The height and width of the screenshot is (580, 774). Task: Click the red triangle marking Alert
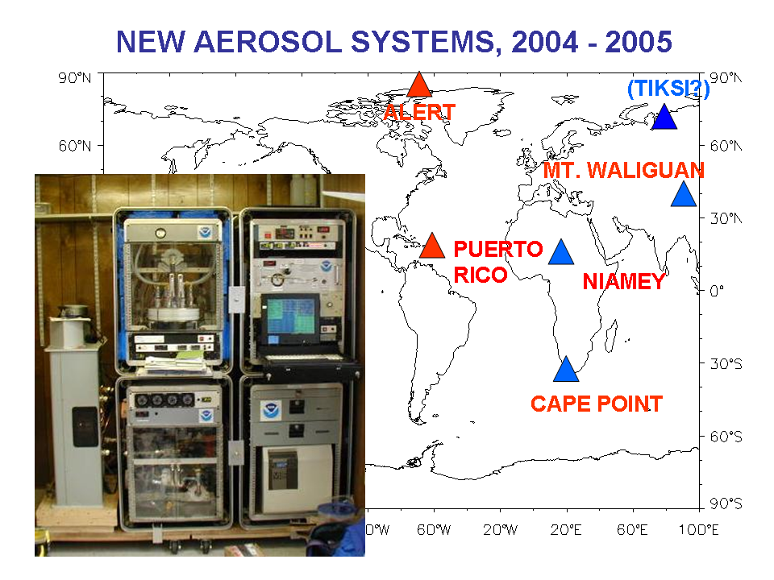point(419,85)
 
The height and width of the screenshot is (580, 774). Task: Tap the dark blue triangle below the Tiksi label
point(664,118)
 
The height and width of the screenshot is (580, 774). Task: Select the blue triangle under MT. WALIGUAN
point(684,194)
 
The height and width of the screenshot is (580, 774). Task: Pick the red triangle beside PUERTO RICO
point(432,246)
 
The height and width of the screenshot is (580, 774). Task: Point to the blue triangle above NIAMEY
point(561,252)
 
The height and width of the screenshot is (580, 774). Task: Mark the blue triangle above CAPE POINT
point(566,370)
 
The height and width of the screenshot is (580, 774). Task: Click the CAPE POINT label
point(597,404)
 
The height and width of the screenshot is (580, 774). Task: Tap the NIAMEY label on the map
point(624,282)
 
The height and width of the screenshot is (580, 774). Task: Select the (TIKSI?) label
point(668,89)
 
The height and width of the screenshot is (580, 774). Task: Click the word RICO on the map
point(481,275)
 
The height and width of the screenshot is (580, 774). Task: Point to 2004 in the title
point(545,42)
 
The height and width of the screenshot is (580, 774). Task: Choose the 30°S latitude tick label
point(726,364)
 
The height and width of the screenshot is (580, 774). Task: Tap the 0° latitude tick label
point(717,291)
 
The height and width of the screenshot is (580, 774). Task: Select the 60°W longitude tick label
point(434,530)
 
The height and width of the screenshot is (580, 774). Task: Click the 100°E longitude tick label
point(698,530)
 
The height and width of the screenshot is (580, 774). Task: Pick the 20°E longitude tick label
point(566,530)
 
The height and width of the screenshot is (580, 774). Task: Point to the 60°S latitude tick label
point(726,437)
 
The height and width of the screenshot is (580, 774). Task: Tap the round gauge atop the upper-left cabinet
point(160,233)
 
